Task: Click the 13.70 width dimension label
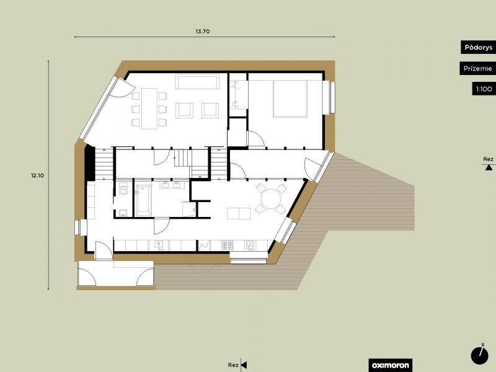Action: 203,32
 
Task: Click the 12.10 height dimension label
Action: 37,175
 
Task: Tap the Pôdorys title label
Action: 478,48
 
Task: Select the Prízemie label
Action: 477,68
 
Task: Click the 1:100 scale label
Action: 484,89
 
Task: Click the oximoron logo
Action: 391,365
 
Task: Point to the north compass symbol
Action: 479,355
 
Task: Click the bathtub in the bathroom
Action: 143,200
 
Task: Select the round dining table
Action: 271,199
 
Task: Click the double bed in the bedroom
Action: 290,99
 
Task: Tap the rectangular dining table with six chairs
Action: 149,108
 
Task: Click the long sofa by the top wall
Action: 198,82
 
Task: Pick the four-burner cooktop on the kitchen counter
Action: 228,245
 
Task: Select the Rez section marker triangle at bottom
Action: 244,365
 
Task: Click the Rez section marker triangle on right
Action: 489,167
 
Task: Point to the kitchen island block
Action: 239,213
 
